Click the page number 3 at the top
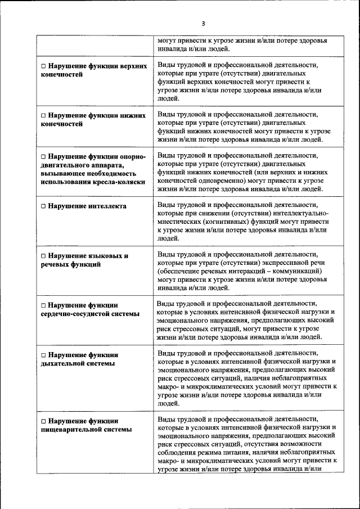click(x=204, y=23)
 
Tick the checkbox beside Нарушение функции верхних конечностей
click(x=43, y=66)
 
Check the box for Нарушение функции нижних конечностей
click(x=43, y=115)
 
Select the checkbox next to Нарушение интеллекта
click(x=43, y=206)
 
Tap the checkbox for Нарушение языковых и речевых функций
click(x=43, y=256)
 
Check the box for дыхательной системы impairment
click(x=43, y=355)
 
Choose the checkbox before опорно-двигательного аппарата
click(x=43, y=156)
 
